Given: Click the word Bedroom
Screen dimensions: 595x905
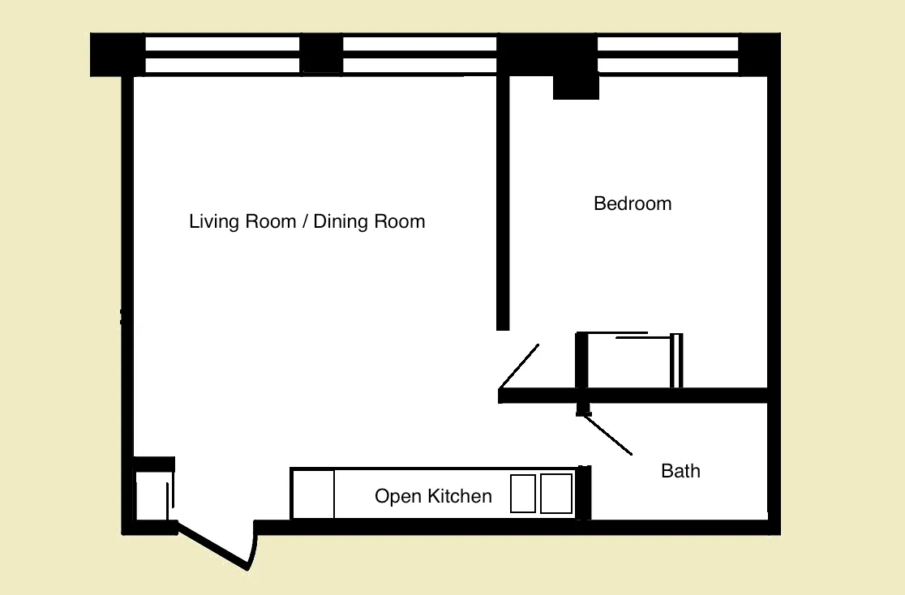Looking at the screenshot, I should (633, 203).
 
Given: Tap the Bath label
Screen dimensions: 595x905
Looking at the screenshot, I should (680, 471).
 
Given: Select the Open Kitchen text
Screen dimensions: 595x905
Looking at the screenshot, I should (433, 496).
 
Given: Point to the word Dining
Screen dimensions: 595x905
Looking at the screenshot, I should (341, 221).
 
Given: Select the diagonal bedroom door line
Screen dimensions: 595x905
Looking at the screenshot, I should (519, 366).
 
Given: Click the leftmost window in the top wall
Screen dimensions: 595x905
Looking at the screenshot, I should (222, 54).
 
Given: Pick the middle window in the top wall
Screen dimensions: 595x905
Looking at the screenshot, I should (419, 54).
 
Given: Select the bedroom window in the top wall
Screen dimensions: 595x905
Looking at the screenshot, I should (667, 54).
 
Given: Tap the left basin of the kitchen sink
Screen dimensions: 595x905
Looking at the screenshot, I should (523, 494).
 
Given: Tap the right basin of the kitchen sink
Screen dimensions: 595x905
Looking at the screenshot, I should (556, 494).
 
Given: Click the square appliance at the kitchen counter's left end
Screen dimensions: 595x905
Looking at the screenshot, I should (313, 494).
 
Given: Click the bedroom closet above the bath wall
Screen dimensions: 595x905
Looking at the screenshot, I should (628, 362).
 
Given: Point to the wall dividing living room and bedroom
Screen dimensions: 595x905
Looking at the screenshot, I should (503, 203).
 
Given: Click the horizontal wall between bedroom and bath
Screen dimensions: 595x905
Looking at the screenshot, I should (633, 396).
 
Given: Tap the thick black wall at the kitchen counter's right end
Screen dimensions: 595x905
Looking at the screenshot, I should (583, 492).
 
